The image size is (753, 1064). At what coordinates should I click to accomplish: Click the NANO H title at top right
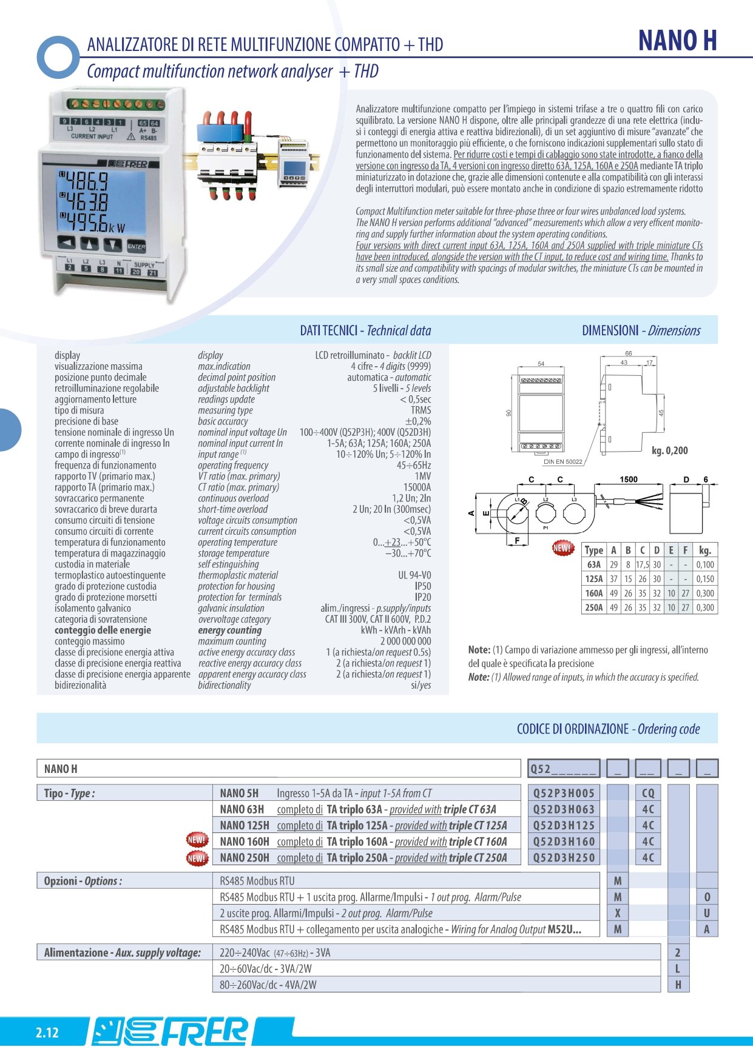tap(677, 41)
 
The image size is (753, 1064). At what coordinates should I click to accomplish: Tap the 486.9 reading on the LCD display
tap(87, 181)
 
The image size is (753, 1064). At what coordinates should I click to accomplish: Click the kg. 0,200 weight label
tap(669, 450)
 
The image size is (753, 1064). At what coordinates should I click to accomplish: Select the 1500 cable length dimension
tap(628, 480)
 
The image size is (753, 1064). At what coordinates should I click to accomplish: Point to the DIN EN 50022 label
tap(562, 462)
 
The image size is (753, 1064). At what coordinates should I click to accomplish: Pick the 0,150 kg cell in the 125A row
tap(705, 579)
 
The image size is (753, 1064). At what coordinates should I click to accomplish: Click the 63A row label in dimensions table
tap(593, 564)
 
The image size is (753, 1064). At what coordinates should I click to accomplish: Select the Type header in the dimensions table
tap(593, 550)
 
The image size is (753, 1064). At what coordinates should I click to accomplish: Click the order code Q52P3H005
tap(564, 793)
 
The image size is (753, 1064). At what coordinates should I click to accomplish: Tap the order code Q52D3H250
tap(564, 858)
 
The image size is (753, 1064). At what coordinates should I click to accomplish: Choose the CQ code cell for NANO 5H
tap(648, 793)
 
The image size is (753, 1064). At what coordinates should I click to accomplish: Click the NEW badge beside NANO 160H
tap(197, 841)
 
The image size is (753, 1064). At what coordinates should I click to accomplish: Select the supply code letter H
tap(678, 985)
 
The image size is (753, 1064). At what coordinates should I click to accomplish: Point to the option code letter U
tap(707, 913)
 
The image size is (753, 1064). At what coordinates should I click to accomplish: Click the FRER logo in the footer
tap(170, 1032)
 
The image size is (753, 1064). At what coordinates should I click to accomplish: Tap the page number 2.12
tap(47, 1033)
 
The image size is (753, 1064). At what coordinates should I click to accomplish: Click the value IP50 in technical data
tap(422, 586)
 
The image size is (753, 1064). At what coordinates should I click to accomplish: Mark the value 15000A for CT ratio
tap(417, 487)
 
